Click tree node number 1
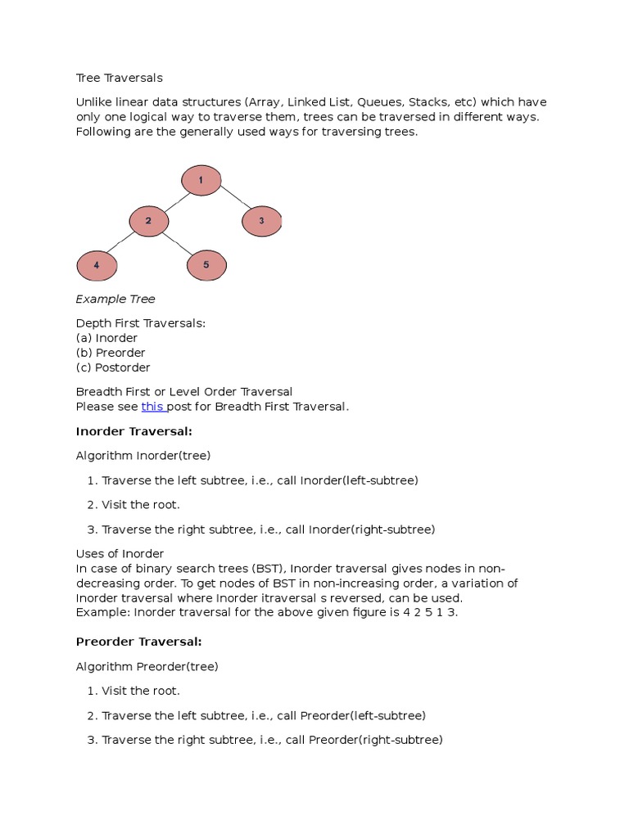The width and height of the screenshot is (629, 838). [x=201, y=180]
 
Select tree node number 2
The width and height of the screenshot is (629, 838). [x=149, y=221]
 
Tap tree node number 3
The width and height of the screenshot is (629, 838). [x=261, y=221]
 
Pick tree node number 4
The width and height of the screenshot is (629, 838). [x=97, y=265]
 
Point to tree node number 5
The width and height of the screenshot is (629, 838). [x=206, y=265]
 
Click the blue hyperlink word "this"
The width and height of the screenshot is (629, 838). [x=153, y=407]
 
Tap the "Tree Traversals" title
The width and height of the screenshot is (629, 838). [x=120, y=78]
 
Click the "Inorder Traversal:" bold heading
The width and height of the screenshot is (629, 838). [x=134, y=431]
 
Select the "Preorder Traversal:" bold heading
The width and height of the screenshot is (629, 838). [x=139, y=642]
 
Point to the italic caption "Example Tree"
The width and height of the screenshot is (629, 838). [x=115, y=299]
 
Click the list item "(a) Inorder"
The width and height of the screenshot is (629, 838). [x=106, y=338]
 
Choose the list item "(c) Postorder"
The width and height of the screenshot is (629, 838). [x=113, y=367]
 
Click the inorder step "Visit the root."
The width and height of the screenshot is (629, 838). [x=140, y=504]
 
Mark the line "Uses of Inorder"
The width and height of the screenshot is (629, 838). [x=120, y=554]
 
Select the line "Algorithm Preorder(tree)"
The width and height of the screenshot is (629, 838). [x=147, y=666]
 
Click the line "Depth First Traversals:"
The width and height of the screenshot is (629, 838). [x=141, y=323]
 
